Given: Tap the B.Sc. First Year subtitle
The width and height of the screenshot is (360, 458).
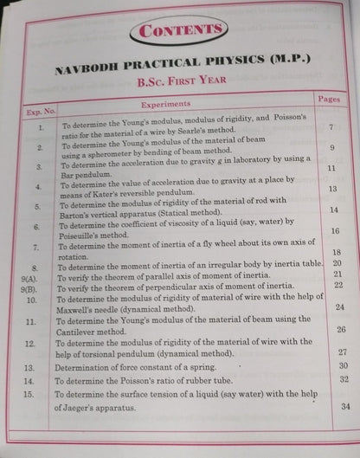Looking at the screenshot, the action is click(x=178, y=83).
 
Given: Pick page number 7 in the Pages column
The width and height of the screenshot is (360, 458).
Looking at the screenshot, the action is click(x=331, y=128).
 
